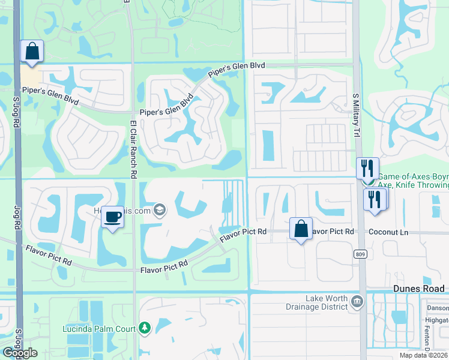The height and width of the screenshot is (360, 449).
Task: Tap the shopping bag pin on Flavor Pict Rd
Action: [x=301, y=229]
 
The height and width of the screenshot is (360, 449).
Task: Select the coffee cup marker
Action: [x=112, y=217]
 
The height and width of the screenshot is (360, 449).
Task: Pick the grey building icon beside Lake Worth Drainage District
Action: [x=357, y=301]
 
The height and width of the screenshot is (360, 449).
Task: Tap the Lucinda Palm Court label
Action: [x=100, y=328]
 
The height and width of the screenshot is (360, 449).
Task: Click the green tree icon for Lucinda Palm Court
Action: [x=144, y=328]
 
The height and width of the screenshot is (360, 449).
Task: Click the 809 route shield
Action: [x=360, y=254]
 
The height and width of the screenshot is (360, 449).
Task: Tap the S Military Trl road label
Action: [x=355, y=114]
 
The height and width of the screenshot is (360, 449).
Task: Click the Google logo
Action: [x=20, y=353]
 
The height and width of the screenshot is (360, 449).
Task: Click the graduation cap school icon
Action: [x=159, y=210]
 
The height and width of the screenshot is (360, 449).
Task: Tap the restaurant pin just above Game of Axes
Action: [x=367, y=167]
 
